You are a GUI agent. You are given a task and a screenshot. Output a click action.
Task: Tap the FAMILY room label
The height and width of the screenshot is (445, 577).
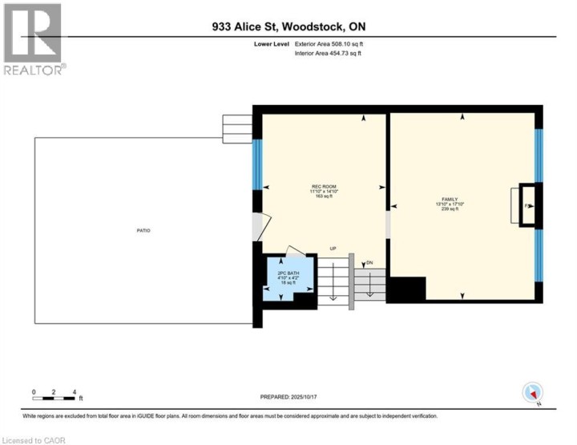click(x=449, y=198)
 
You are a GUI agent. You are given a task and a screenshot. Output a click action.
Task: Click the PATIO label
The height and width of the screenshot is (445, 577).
click(x=143, y=231)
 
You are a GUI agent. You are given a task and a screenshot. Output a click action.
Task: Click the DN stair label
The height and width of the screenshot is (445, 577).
click(x=369, y=262)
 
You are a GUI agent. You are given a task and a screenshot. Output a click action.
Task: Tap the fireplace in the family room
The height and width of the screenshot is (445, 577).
click(x=525, y=207)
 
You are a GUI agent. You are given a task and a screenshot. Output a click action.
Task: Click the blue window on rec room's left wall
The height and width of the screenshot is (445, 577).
click(x=257, y=164)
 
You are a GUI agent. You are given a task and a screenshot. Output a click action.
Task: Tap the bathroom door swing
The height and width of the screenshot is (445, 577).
click(x=293, y=249)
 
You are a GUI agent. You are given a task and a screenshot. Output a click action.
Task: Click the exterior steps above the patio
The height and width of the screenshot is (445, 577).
click(x=237, y=127)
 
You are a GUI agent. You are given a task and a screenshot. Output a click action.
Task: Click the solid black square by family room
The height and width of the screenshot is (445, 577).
click(x=406, y=288)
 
